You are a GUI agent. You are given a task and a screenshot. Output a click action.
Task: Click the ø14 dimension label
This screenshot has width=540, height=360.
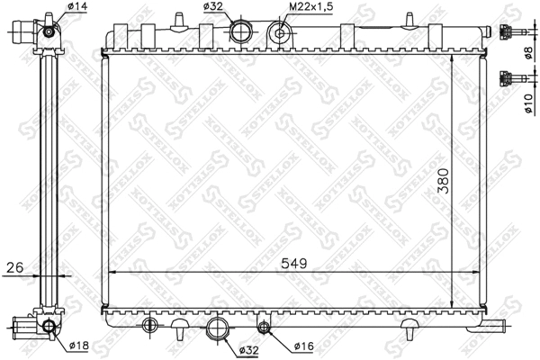coord(77,9)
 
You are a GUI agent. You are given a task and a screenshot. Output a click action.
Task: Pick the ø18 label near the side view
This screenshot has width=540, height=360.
coord(79,344)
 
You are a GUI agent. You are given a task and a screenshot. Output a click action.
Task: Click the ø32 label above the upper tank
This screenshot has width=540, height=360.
coord(213,9)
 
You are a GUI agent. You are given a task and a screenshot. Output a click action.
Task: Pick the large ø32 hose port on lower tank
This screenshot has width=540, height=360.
coord(216,328)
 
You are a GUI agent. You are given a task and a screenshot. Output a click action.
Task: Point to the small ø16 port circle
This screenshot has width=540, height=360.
coord(264,326)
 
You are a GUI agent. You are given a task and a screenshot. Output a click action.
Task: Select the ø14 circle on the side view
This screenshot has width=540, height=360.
coord(48,32)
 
